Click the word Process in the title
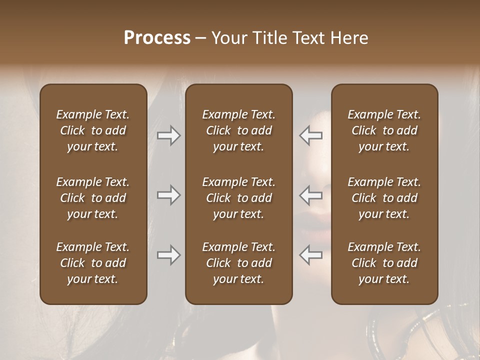coord(157,38)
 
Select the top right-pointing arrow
coord(168,135)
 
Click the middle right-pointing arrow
coord(168,195)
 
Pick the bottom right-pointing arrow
coord(168,255)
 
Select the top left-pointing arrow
coord(310,135)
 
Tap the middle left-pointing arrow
coord(310,195)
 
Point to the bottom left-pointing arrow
coord(310,255)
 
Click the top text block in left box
coord(93,130)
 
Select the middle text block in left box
coord(93,198)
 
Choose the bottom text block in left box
coord(93,263)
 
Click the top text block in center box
coord(239,130)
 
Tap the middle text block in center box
coord(239,198)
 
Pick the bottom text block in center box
coord(239,263)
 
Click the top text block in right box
coord(384,130)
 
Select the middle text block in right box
coord(384,198)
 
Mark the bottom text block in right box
coord(384,263)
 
